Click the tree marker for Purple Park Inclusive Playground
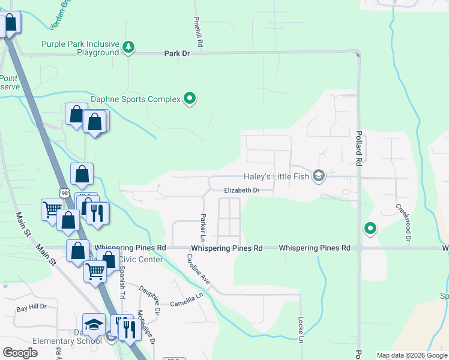point(128,47)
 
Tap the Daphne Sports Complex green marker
point(190,98)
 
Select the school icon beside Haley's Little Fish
point(319,176)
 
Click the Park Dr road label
point(177,53)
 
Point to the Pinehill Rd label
point(199,32)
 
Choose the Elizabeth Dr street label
point(241,190)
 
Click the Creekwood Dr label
point(403,222)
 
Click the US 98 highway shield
point(64,191)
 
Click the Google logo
point(20,353)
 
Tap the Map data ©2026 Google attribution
point(411,355)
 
